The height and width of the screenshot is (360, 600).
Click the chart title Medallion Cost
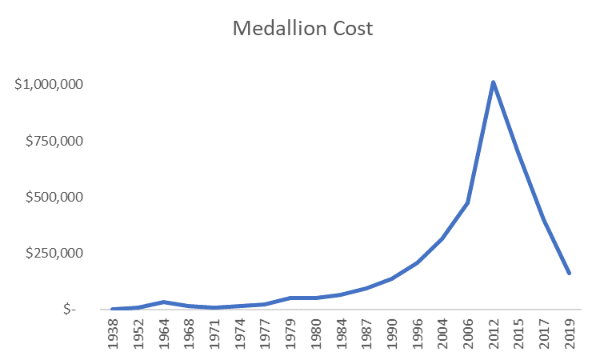coord(302,29)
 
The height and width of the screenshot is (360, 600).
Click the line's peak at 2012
coord(494,82)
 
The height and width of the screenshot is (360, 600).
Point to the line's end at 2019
coord(570,273)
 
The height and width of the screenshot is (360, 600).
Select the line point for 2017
coord(544,218)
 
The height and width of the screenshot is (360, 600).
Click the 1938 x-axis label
coord(114,334)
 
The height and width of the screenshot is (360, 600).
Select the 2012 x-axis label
coord(494,334)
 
